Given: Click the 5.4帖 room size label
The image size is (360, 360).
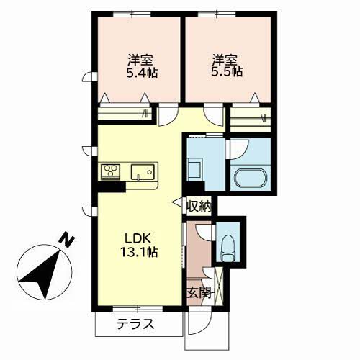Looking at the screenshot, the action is pyautogui.click(x=142, y=72).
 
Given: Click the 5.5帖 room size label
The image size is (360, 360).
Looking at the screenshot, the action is pyautogui.click(x=227, y=71).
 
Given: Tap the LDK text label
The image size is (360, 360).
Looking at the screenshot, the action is pyautogui.click(x=138, y=238).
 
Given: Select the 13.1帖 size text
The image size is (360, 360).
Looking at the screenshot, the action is pyautogui.click(x=139, y=252).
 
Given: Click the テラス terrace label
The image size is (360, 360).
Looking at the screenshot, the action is pyautogui.click(x=135, y=324).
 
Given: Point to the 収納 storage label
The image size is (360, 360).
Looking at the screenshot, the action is pyautogui.click(x=199, y=206).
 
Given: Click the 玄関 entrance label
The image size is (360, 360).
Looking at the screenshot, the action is pyautogui.click(x=199, y=292).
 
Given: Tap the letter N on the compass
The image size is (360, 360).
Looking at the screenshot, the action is pyautogui.click(x=66, y=239).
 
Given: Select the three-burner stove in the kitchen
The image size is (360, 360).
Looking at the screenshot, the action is pyautogui.click(x=111, y=171).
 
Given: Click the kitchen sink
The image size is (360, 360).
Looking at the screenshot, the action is pyautogui.click(x=143, y=171).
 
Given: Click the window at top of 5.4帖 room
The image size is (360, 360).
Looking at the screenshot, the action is pyautogui.click(x=132, y=14).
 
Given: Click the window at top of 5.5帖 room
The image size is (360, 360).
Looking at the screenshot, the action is pyautogui.click(x=217, y=14).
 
